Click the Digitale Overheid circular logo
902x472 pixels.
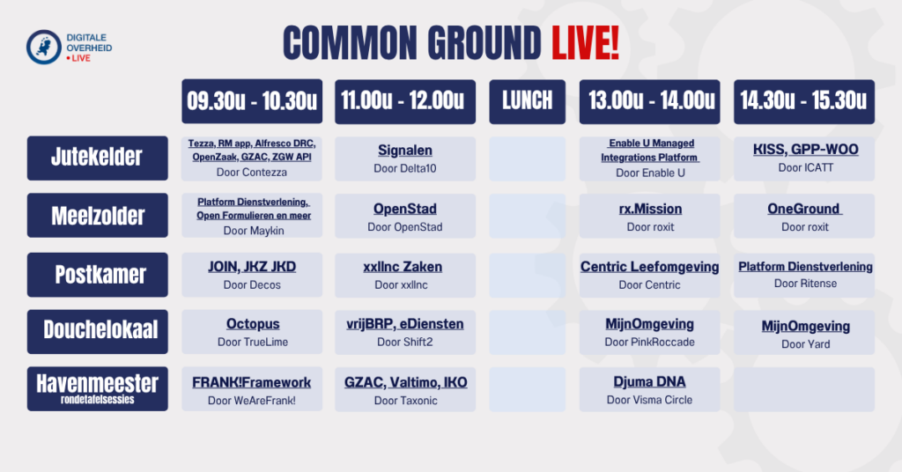44,48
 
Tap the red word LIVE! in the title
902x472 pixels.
585,44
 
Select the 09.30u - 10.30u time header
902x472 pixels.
252,101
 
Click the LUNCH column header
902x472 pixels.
527,102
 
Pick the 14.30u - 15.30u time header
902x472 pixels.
803,102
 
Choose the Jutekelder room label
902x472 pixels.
97,159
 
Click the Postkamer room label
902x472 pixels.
97,275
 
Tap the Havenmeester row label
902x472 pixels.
97,388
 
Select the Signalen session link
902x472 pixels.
405,151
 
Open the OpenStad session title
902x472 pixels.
405,209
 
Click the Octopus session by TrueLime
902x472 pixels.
253,324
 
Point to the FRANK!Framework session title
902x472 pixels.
251,382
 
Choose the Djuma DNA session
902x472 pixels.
649,382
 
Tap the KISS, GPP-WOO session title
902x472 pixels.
805,150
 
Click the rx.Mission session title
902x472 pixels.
650,209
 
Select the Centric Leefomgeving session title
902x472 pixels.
649,267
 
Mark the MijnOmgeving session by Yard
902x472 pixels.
805,327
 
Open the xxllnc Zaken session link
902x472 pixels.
403,267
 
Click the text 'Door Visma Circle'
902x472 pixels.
649,400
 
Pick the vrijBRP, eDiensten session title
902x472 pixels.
405,324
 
